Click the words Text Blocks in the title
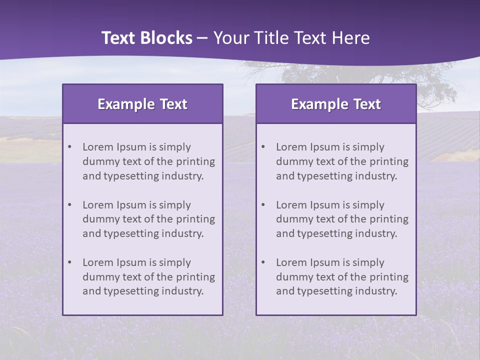coord(146,38)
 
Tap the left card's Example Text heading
coord(142,104)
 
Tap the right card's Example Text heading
coord(336,104)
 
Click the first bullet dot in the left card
coord(69,147)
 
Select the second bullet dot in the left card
coord(69,205)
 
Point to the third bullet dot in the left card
coord(69,262)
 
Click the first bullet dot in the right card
coord(263,147)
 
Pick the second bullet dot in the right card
coord(263,205)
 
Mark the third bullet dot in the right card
coord(263,262)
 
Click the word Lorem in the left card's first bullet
coord(98,147)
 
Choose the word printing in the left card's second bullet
coord(195,219)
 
